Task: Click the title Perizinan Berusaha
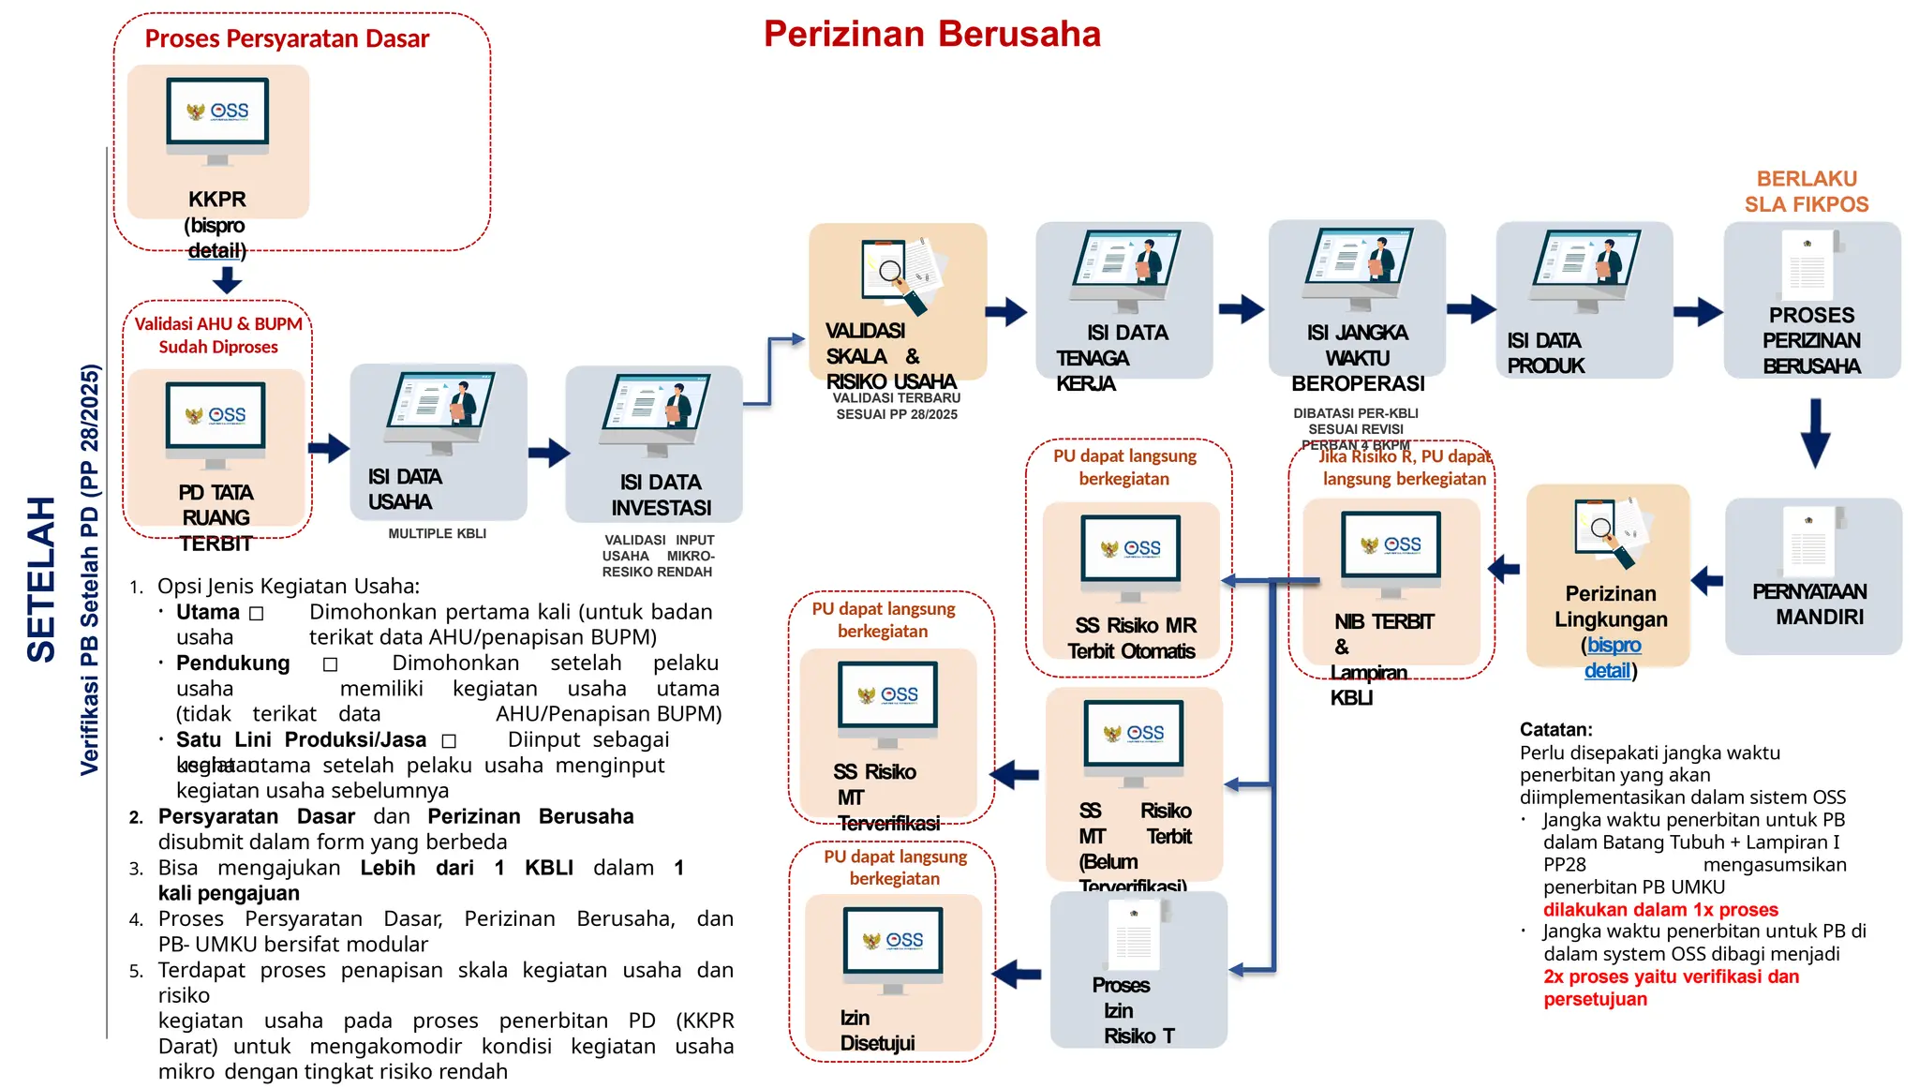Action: tap(931, 35)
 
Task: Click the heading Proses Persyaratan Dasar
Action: tap(287, 39)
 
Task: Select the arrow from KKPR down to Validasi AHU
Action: tap(227, 279)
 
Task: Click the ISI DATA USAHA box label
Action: tap(404, 489)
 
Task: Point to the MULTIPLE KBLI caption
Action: tap(437, 533)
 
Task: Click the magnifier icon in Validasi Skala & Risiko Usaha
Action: tap(891, 273)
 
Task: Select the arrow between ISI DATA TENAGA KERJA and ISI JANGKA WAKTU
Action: tap(1241, 308)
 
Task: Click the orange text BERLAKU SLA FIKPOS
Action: tap(1806, 191)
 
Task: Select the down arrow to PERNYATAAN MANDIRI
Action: tap(1815, 432)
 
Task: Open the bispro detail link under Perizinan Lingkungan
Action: tap(1611, 658)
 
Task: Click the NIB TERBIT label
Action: tap(1383, 621)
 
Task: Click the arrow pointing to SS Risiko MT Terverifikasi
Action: tap(1015, 774)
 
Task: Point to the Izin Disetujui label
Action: tap(876, 1031)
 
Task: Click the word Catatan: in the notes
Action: tap(1555, 729)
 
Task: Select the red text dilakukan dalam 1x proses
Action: tap(1659, 909)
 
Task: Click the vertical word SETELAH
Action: tap(41, 579)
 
